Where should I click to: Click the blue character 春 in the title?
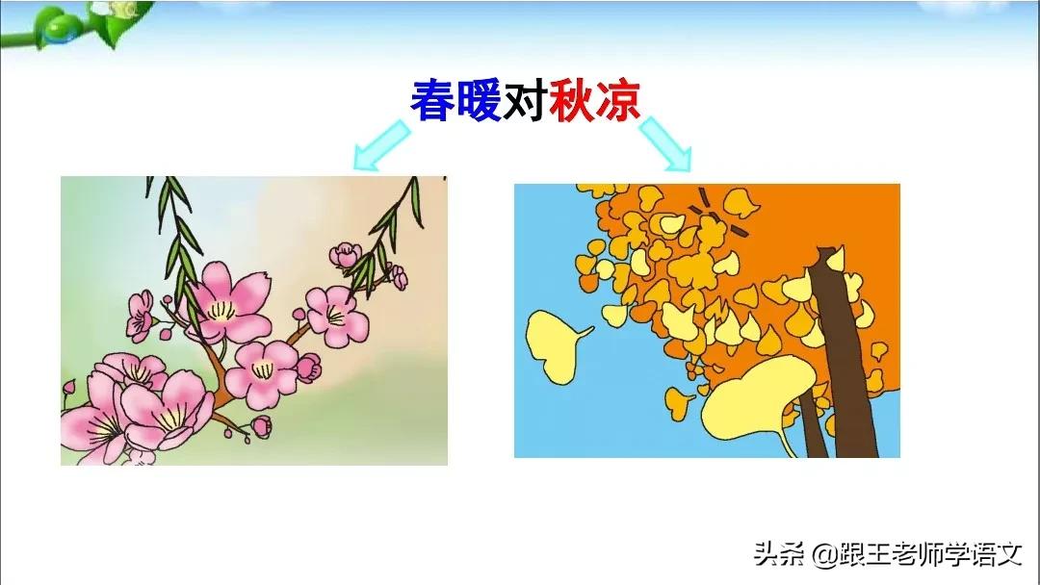433,100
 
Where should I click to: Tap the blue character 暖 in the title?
479,100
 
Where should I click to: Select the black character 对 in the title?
525,100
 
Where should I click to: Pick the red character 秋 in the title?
571,100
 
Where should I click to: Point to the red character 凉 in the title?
617,100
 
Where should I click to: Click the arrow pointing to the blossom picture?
381,141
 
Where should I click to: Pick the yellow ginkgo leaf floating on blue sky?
555,342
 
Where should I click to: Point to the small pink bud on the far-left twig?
68,387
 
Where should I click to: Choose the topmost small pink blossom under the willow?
346,256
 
